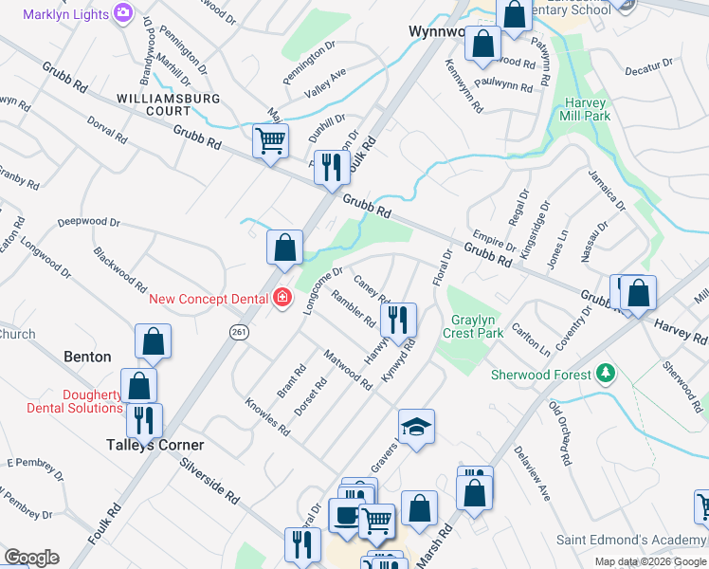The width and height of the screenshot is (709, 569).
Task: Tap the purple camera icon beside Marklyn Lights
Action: (x=123, y=12)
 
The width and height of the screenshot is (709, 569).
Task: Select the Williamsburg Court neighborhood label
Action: (x=168, y=104)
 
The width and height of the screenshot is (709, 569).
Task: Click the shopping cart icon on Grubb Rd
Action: (x=270, y=141)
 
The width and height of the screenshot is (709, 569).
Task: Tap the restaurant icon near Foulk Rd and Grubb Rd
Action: (x=331, y=167)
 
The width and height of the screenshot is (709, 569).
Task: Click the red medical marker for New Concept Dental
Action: (x=282, y=299)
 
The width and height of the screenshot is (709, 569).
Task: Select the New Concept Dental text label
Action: (x=209, y=299)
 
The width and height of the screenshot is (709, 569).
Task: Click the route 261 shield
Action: (x=239, y=330)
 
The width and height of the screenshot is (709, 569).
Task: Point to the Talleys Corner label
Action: (x=155, y=445)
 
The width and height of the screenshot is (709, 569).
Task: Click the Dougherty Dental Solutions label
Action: (x=66, y=401)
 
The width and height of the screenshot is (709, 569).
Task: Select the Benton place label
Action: (x=87, y=357)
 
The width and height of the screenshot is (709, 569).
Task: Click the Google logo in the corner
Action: (x=31, y=558)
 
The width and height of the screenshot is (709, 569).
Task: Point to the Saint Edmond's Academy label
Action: (x=629, y=540)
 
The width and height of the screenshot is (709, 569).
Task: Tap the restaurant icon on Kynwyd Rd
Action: (x=399, y=320)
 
